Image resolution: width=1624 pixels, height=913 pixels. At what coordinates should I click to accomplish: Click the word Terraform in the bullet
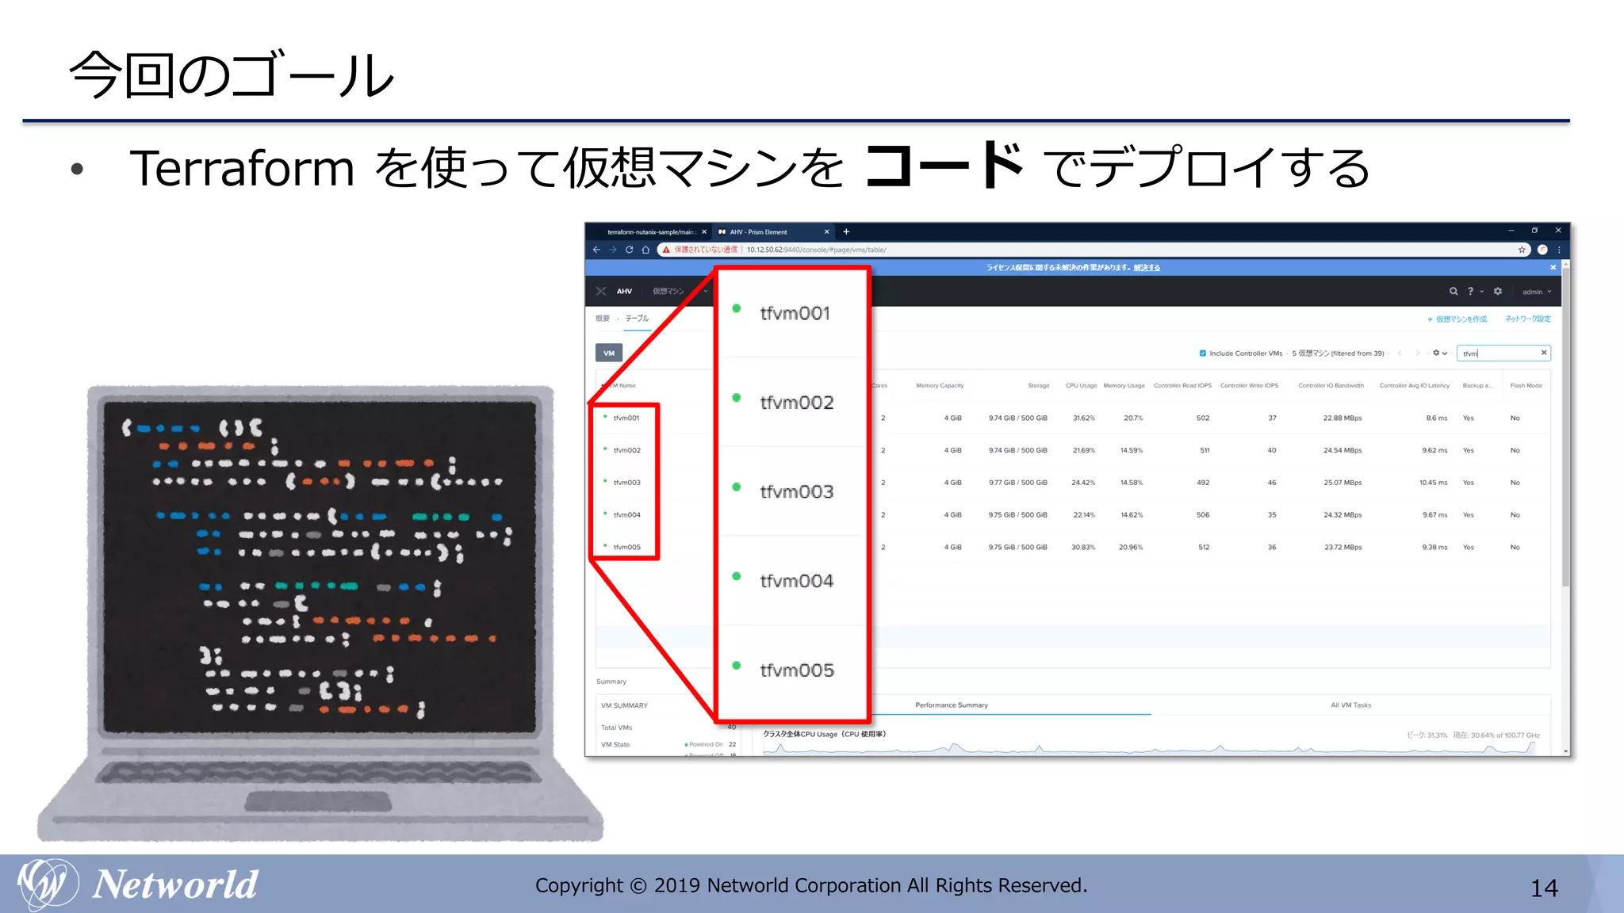point(242,169)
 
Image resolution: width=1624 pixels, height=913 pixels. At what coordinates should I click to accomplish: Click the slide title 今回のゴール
point(232,76)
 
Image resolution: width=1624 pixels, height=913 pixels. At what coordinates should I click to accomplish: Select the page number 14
point(1544,888)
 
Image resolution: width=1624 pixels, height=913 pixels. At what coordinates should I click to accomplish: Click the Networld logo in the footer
point(139,884)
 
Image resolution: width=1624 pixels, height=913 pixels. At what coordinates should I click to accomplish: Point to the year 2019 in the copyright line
point(677,885)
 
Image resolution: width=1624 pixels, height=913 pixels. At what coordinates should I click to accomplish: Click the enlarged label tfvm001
point(795,313)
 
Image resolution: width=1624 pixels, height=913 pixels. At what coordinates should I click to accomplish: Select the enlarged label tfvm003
point(796,492)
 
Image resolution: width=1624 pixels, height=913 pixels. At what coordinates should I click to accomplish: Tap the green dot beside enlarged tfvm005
point(737,666)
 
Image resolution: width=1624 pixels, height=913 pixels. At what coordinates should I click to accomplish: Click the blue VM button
point(609,353)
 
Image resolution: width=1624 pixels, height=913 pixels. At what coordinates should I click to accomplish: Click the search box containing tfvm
point(1501,353)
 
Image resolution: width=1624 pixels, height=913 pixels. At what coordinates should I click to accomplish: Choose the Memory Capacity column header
point(940,386)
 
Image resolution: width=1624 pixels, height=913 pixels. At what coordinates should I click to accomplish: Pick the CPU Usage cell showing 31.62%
point(1083,418)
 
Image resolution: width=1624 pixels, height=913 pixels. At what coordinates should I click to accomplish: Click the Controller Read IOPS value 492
point(1203,483)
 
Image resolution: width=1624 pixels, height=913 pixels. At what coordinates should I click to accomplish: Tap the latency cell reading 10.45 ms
point(1433,483)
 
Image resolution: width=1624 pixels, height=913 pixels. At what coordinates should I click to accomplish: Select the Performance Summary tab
point(952,705)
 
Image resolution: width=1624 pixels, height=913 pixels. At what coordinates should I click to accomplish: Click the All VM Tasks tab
point(1350,705)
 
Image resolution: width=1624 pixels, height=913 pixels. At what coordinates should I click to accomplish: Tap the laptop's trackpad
point(318,801)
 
